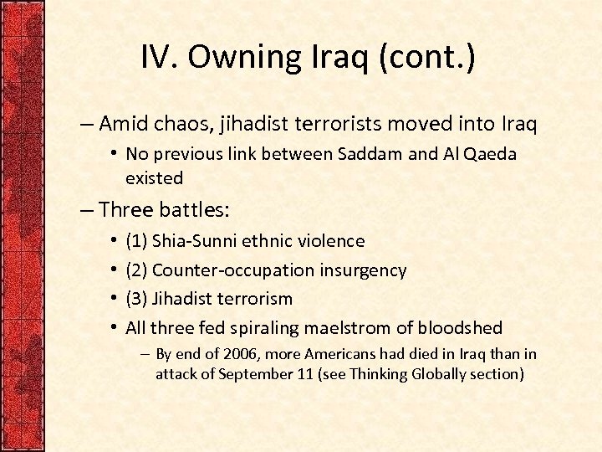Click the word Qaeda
[493, 154]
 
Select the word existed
[154, 177]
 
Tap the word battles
[188, 209]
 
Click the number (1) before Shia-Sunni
[136, 241]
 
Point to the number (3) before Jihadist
[136, 299]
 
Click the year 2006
[222, 355]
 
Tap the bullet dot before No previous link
[113, 154]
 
